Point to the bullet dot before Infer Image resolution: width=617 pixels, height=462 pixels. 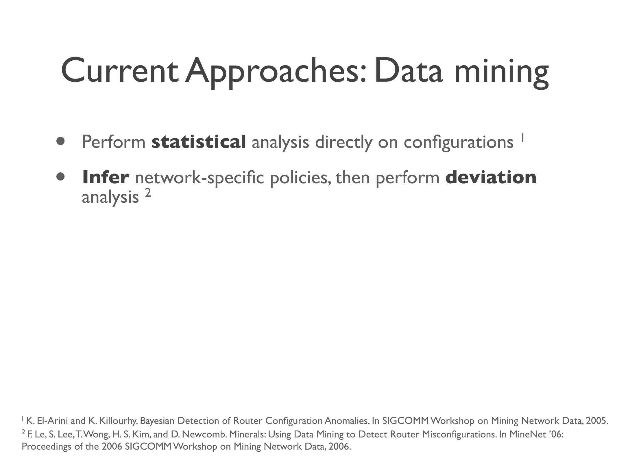[61, 177]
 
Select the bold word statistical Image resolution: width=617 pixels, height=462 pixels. [199, 142]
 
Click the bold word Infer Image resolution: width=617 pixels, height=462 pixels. [106, 177]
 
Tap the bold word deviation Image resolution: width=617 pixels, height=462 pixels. [491, 177]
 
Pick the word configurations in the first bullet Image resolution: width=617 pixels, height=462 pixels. [459, 143]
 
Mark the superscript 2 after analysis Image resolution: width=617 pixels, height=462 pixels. [148, 192]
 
